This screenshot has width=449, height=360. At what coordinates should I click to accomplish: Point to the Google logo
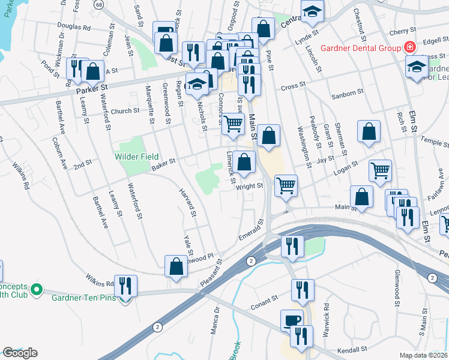coord(20,352)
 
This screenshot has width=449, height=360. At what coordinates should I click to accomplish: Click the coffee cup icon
coord(292,320)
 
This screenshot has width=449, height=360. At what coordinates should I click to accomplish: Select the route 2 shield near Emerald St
coord(251,260)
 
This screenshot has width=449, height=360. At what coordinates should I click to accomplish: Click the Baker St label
coord(163,161)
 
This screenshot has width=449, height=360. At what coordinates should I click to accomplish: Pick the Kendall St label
coord(352,349)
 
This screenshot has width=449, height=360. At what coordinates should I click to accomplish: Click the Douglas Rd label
coord(74,27)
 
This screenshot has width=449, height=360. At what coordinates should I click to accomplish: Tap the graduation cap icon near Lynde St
coord(312,12)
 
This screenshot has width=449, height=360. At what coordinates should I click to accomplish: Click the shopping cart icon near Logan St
coord(380,170)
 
